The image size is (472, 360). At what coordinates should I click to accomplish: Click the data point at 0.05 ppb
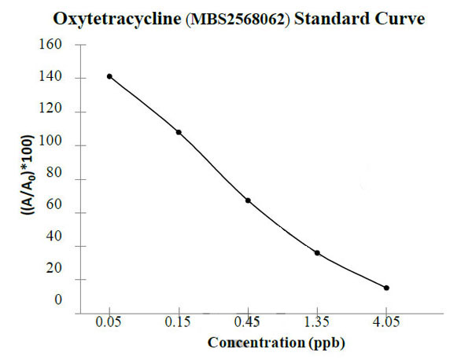tap(109, 76)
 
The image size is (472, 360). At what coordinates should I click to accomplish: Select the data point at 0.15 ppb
tap(179, 132)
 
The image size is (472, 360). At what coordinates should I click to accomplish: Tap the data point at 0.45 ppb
tap(248, 200)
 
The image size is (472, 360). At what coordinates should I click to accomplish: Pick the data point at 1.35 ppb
tap(317, 252)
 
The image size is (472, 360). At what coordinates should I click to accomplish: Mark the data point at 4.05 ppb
tap(386, 288)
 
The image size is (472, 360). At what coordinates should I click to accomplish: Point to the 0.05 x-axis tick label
tap(109, 321)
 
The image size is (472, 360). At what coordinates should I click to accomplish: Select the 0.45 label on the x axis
tap(248, 321)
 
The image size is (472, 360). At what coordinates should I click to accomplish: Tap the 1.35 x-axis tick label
tap(317, 321)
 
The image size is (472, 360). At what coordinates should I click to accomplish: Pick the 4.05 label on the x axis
tap(386, 321)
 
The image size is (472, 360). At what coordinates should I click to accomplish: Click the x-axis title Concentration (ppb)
tap(276, 343)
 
